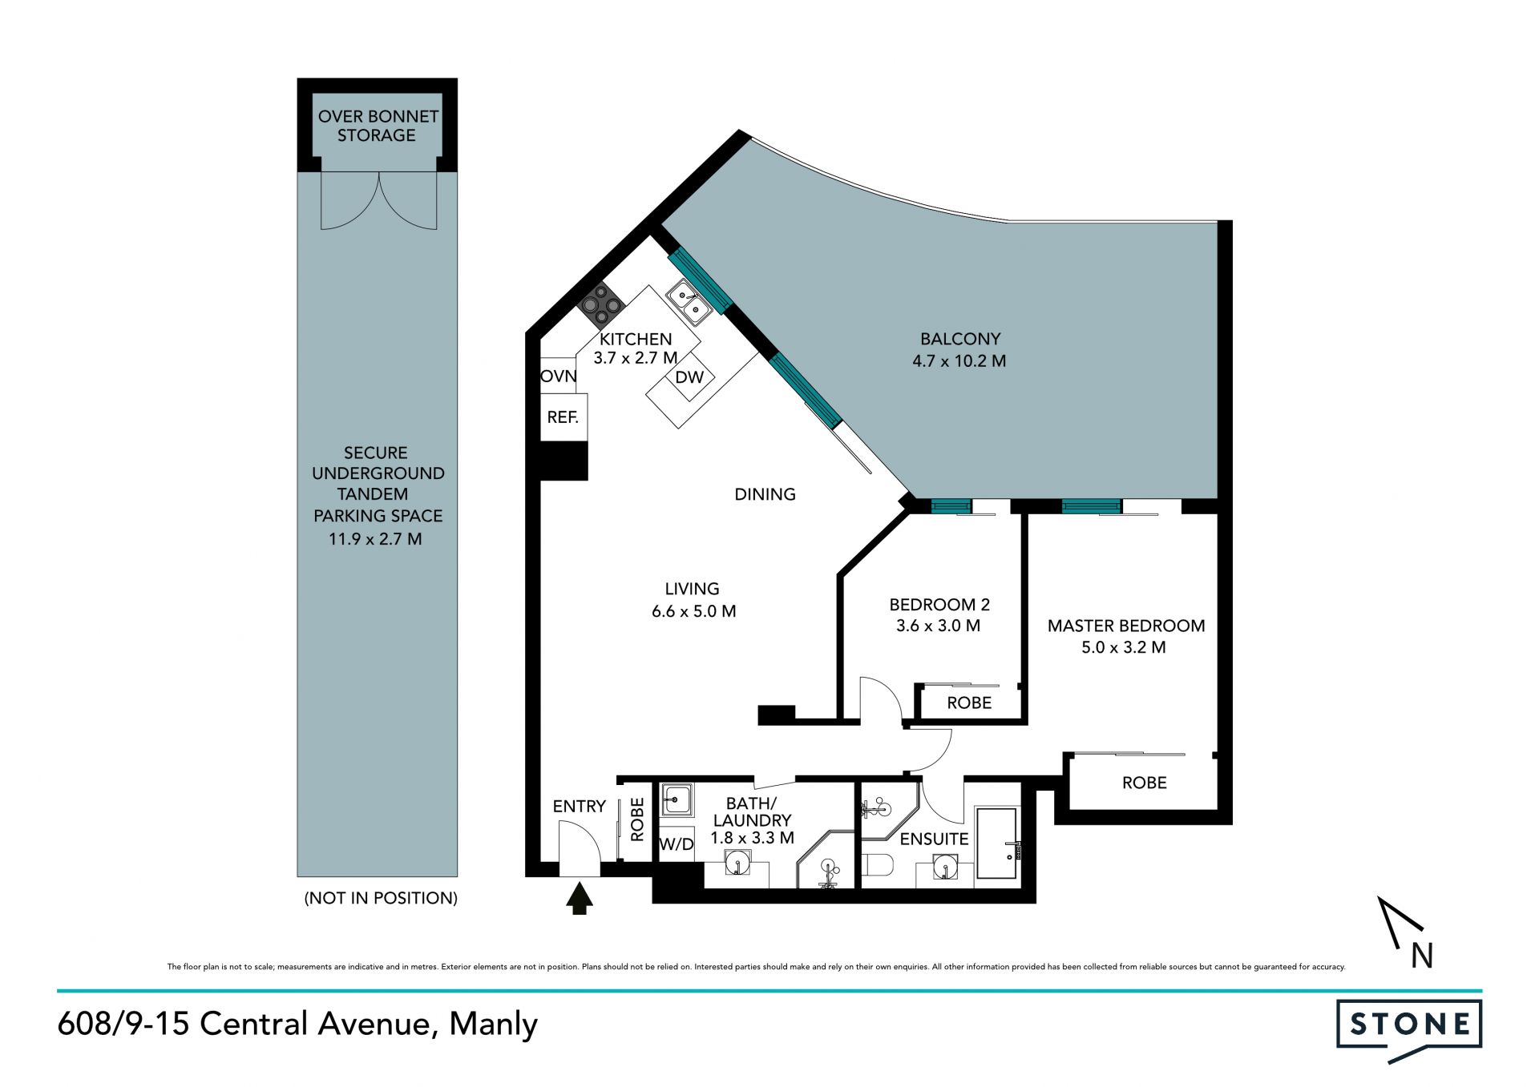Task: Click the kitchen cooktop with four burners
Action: (x=601, y=305)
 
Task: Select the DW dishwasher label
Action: (x=689, y=377)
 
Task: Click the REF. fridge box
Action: (x=563, y=417)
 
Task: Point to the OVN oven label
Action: (x=559, y=376)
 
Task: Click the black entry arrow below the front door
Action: (x=580, y=898)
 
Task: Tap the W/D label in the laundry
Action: (x=677, y=844)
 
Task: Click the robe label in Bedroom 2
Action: (x=969, y=703)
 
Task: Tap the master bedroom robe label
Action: (x=1144, y=783)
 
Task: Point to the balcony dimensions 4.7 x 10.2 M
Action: (x=959, y=361)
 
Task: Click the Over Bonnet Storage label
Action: (x=378, y=126)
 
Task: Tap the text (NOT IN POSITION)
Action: (x=381, y=898)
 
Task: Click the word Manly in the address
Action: (x=493, y=1025)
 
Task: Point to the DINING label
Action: (x=765, y=494)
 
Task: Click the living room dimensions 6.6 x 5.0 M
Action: (x=694, y=611)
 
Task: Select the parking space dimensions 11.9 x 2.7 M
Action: (x=375, y=539)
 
